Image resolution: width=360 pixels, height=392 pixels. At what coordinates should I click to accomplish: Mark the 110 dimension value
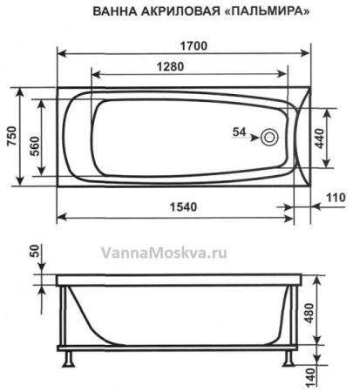(x=336, y=199)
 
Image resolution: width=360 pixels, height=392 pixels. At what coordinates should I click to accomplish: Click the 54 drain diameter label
(x=243, y=132)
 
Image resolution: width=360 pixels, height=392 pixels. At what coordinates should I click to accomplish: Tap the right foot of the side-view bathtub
(x=292, y=357)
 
